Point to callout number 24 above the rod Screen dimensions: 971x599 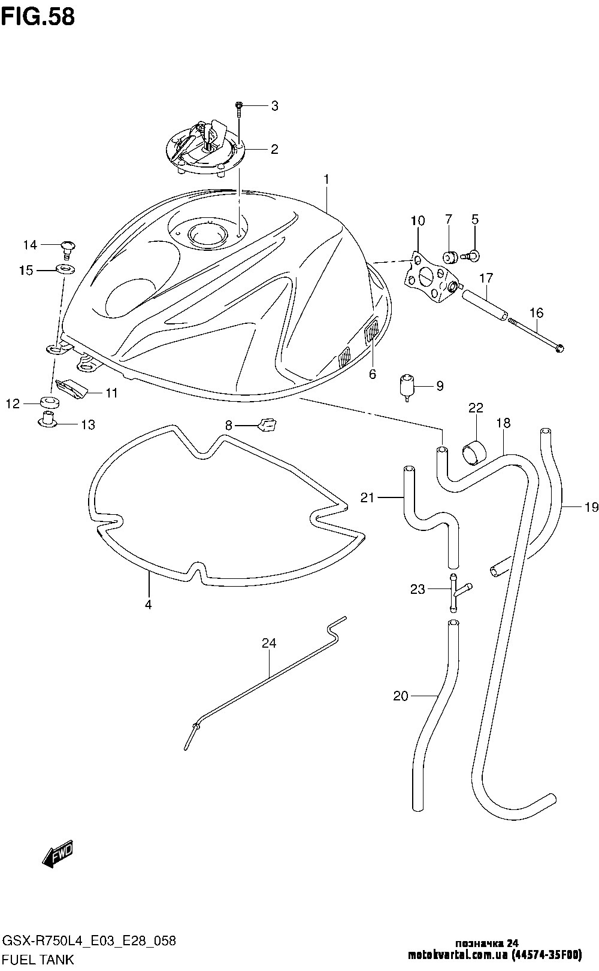pos(269,644)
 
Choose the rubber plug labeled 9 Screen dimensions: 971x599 pos(409,385)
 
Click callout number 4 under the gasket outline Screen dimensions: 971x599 pos(148,605)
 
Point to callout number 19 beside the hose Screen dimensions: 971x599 pos(591,508)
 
